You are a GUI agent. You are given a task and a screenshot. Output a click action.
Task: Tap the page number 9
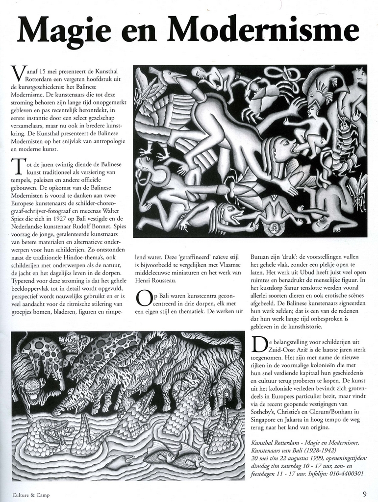coord(365,494)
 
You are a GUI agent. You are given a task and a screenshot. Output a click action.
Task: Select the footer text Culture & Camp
coord(31,495)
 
